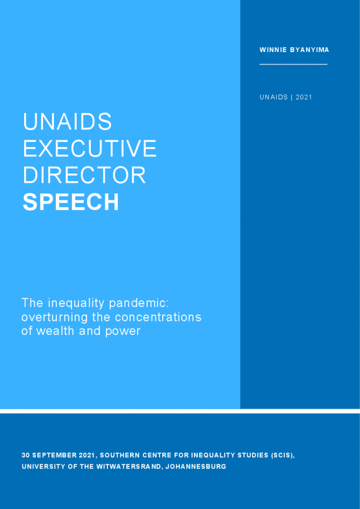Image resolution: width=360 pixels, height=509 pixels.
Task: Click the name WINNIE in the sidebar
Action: (271, 50)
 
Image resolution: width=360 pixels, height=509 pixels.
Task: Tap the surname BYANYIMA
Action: (308, 50)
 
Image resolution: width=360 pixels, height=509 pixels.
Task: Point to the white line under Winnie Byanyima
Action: (293, 64)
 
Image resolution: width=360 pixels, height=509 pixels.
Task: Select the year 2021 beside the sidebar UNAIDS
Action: (304, 97)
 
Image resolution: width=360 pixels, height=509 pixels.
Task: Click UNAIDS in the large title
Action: (68, 121)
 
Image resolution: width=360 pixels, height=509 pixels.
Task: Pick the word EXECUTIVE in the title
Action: (90, 148)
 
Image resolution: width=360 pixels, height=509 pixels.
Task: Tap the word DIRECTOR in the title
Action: (84, 175)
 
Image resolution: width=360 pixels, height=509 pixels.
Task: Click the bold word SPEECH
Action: (71, 202)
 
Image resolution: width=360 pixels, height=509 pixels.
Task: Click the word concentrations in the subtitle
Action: (158, 317)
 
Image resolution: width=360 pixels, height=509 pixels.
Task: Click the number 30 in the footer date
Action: (25, 455)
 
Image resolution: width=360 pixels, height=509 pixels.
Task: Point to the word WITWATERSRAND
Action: (128, 467)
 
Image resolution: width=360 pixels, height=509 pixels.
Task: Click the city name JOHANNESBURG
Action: (196, 467)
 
